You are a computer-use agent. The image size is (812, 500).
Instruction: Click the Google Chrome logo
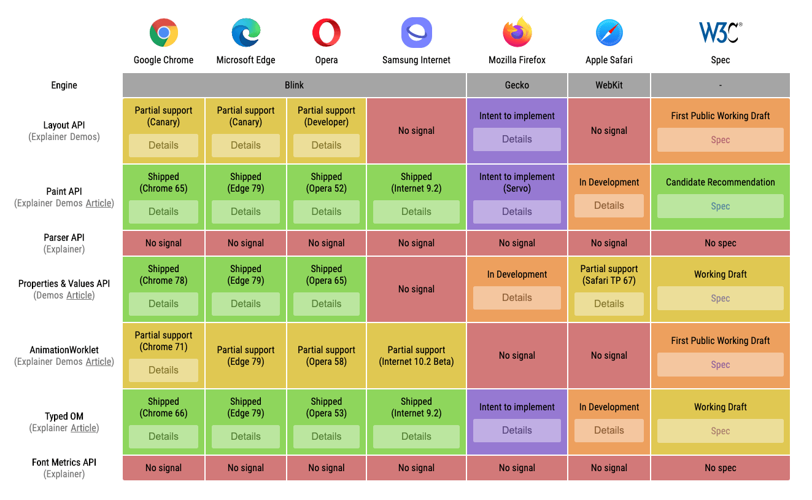[163, 33]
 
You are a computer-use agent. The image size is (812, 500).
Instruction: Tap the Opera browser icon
[327, 33]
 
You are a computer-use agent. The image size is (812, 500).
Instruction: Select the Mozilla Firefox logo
[517, 33]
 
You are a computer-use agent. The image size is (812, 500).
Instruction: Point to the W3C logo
[720, 33]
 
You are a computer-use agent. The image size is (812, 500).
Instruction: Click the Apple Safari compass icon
[609, 33]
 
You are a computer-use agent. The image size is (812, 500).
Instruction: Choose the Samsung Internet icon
[416, 33]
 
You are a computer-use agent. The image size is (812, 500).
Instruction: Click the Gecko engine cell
[517, 85]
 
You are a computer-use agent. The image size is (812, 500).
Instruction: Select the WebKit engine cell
[609, 85]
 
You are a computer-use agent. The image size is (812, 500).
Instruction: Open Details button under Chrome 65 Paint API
[163, 212]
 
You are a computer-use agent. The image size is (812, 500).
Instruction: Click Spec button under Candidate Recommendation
[720, 206]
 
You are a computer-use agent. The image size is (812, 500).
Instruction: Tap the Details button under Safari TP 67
[609, 304]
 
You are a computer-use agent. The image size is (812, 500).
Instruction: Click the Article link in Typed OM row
[84, 428]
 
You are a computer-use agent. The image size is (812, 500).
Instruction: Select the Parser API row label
[64, 238]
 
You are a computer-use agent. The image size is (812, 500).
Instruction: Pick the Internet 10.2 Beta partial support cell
[416, 356]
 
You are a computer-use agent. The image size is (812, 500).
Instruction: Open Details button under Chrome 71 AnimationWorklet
[163, 370]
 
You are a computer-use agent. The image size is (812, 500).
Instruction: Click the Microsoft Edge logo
[246, 33]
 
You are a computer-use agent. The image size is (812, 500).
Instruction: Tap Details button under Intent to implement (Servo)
[517, 212]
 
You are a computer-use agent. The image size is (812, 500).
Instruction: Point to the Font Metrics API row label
[64, 463]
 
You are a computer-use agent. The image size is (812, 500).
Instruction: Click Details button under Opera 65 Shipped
[327, 304]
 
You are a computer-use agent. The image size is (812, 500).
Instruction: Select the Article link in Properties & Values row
[80, 295]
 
